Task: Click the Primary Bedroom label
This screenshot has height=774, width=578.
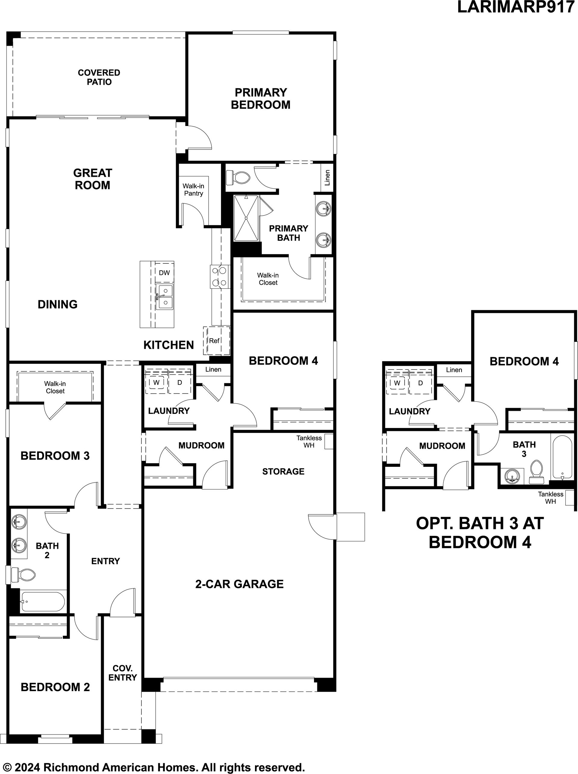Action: (261, 99)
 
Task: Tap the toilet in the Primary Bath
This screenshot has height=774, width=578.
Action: (238, 178)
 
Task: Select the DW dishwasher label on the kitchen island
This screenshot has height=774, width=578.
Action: (164, 272)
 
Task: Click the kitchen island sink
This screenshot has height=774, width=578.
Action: (165, 297)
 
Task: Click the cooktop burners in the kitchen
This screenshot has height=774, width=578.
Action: (220, 276)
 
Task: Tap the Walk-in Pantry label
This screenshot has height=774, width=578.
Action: (193, 190)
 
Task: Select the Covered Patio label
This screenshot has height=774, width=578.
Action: (99, 77)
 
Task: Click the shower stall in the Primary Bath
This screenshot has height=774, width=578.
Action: (246, 218)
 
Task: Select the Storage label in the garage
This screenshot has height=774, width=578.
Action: (283, 471)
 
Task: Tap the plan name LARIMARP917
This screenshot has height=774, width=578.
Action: (516, 7)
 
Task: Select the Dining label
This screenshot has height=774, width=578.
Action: (58, 304)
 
